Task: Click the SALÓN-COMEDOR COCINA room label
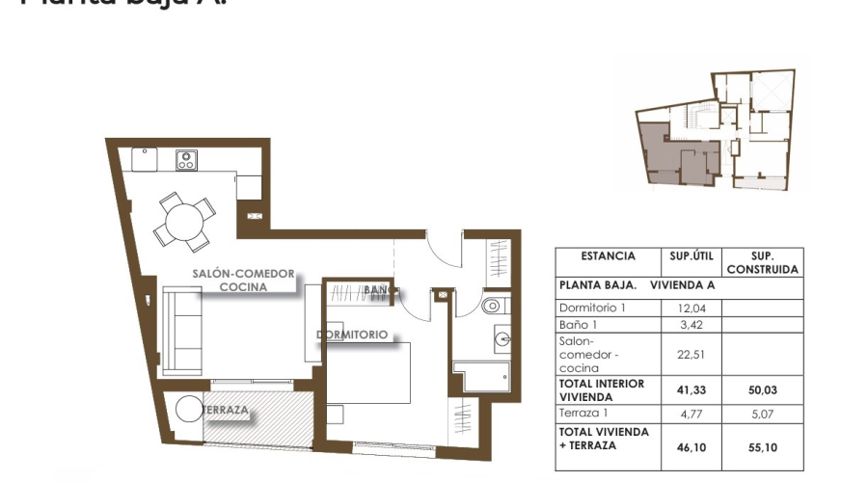[243, 281]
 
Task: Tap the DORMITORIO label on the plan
[352, 335]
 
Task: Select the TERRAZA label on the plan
[226, 411]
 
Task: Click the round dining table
[184, 223]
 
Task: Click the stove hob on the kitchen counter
[186, 160]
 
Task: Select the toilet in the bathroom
[493, 307]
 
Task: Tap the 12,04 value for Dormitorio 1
[690, 308]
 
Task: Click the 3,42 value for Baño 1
[690, 325]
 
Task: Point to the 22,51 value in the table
[690, 354]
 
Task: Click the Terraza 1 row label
[585, 413]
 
